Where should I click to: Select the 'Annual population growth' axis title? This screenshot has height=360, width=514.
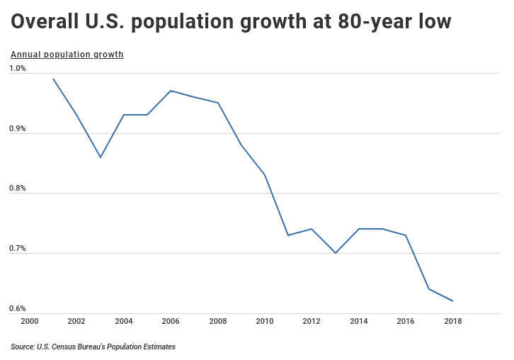point(67,55)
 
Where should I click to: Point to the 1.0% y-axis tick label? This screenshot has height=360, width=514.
point(18,69)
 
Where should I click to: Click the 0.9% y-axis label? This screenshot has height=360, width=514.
point(18,129)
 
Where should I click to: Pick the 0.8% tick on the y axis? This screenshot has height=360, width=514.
point(18,189)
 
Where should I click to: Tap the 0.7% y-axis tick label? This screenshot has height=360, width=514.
point(18,249)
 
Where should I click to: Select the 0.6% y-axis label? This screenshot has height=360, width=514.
point(18,309)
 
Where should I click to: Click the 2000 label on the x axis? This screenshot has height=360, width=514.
point(30,321)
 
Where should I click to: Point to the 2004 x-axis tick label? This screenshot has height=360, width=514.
point(124,321)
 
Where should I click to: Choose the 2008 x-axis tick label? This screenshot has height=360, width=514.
point(218,321)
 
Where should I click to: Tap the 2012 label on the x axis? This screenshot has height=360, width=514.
point(312,321)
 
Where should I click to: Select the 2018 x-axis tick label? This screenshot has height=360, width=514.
point(453,321)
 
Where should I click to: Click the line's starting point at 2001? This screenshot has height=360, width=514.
point(53,79)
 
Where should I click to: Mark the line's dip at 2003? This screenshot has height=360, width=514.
point(101,157)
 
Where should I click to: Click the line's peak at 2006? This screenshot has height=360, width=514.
point(171,91)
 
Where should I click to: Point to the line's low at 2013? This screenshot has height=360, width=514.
point(336,253)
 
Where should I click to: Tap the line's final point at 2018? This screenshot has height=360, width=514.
point(453,301)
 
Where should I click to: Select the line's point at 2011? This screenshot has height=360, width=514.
point(288,235)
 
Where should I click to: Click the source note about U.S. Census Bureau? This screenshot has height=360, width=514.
point(93,347)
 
